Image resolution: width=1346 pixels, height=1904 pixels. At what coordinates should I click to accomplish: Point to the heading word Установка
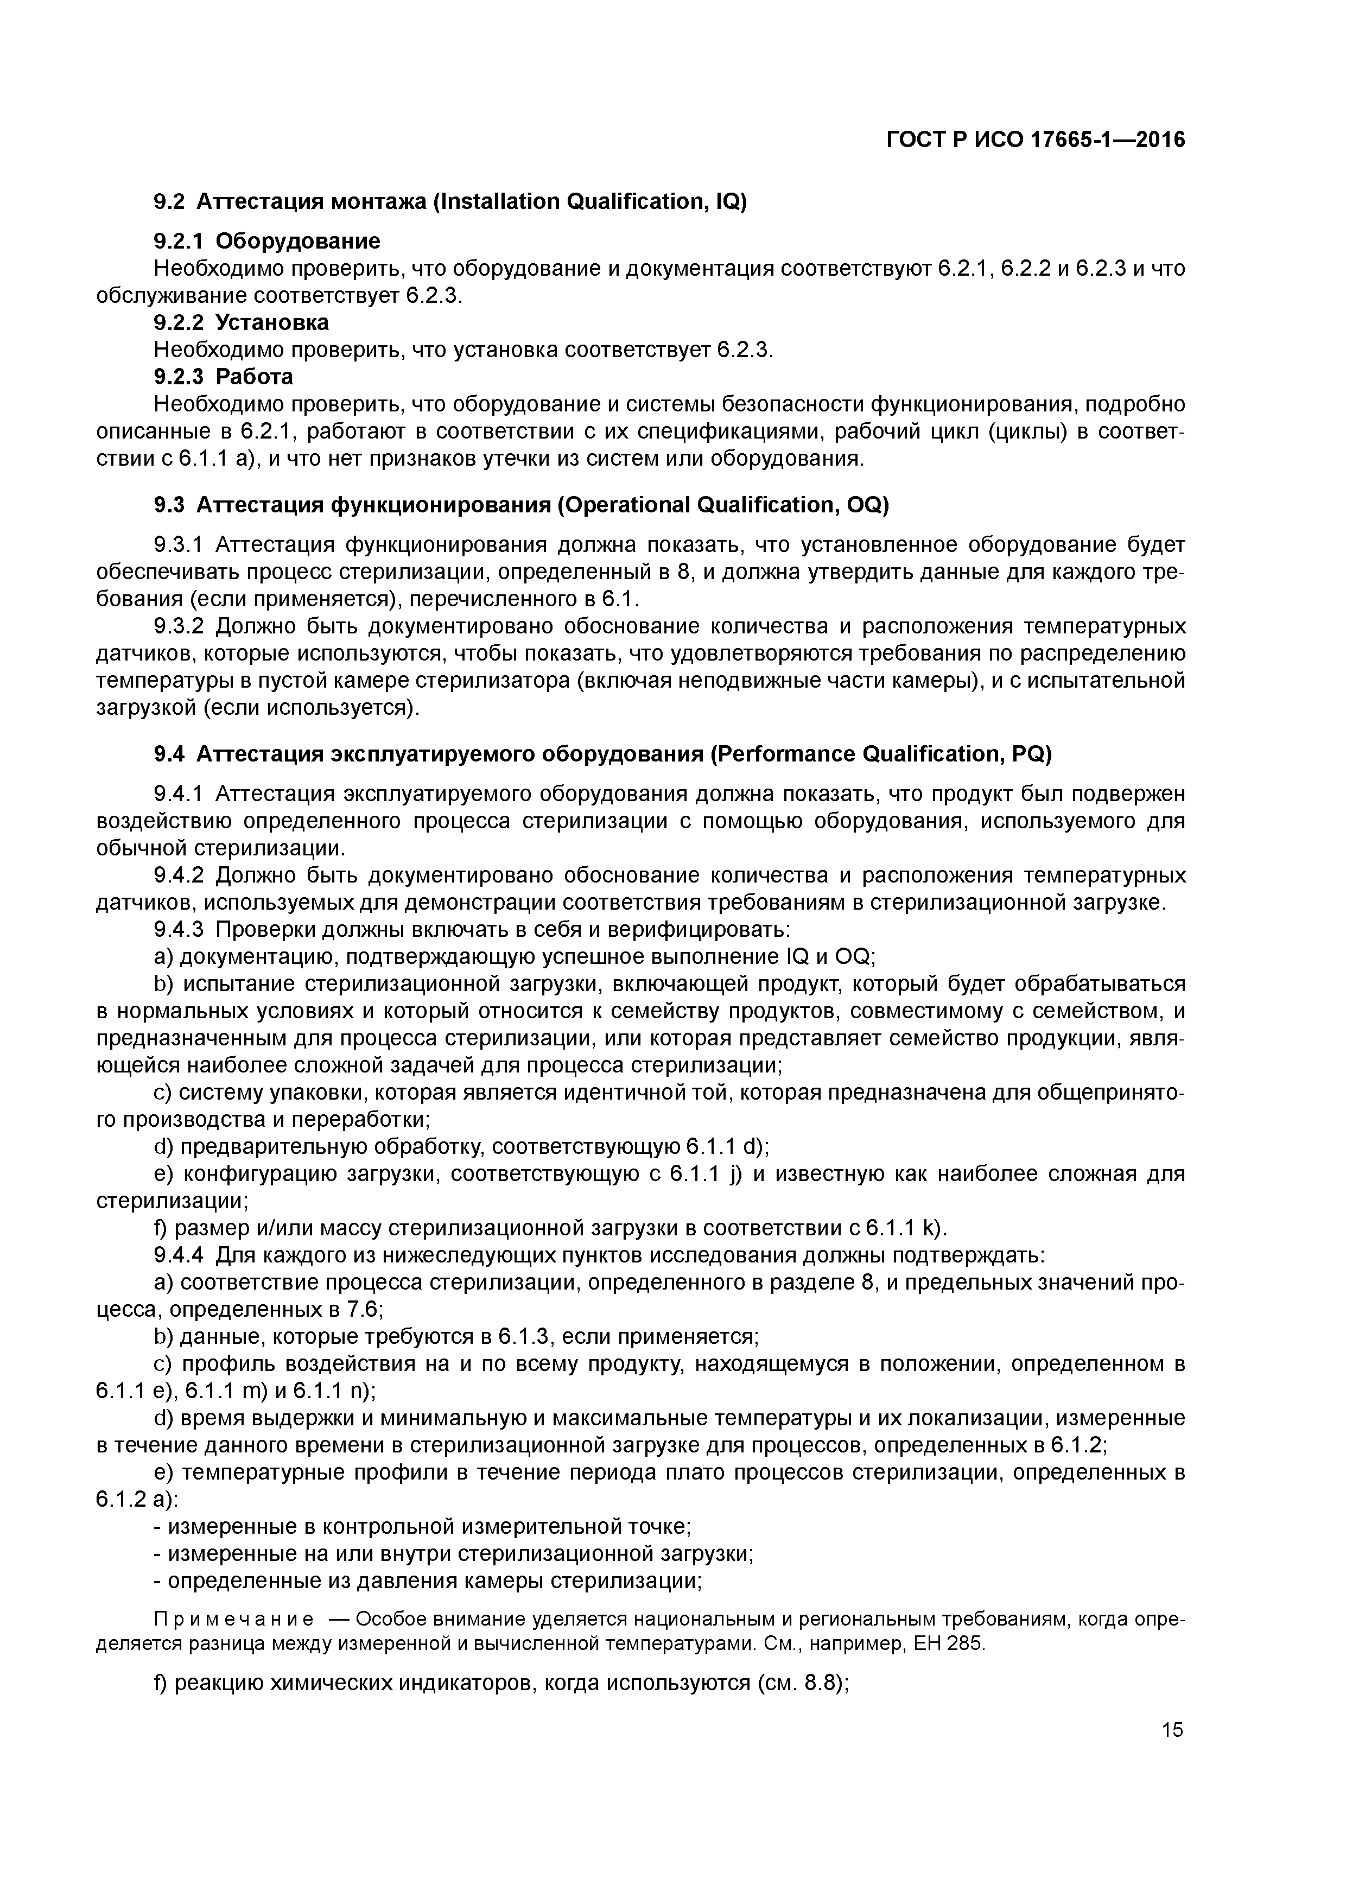click(x=272, y=322)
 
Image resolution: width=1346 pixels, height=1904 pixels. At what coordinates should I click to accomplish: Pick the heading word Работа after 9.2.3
click(x=254, y=377)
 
